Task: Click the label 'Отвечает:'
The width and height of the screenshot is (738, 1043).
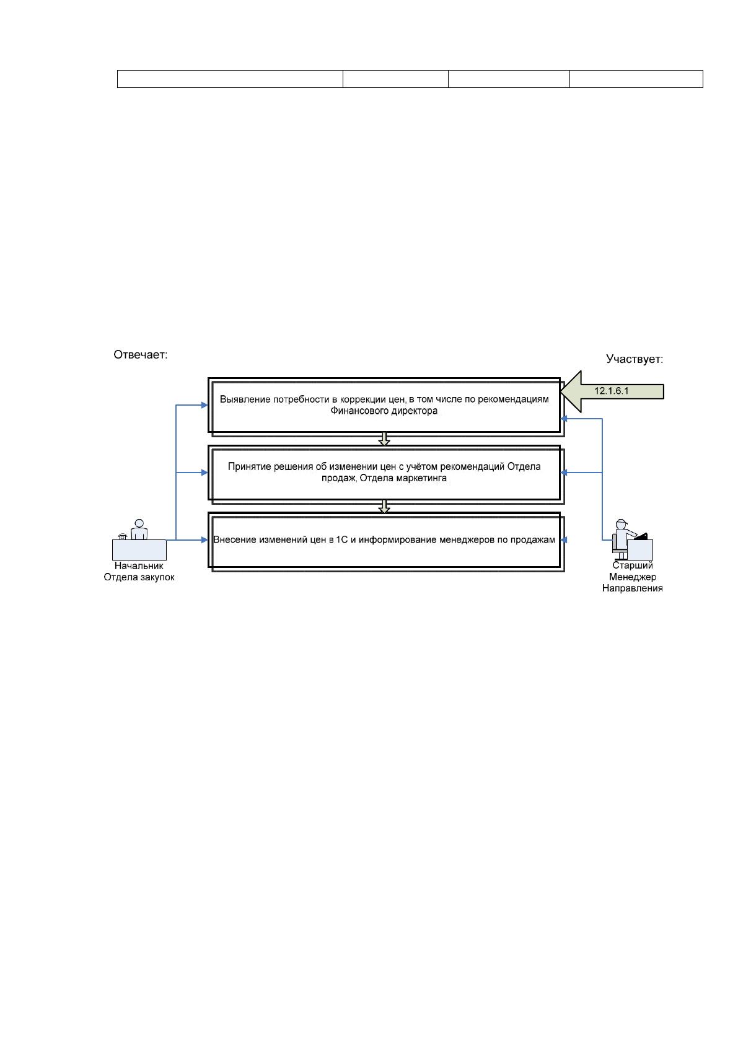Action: [140, 355]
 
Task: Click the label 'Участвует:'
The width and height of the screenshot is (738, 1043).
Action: [634, 359]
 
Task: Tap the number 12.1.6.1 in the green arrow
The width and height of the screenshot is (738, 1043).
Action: [611, 391]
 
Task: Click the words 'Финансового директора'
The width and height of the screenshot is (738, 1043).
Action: [384, 411]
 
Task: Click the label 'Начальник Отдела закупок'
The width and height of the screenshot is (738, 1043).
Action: [139, 572]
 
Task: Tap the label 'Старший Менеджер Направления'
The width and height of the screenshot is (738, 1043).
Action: [632, 577]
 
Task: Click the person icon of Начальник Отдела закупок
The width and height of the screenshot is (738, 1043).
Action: [139, 530]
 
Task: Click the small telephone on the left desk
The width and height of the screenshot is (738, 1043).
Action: [123, 536]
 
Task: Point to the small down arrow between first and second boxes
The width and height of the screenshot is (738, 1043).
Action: [384, 439]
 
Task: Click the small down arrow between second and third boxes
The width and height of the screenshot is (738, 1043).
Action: [384, 506]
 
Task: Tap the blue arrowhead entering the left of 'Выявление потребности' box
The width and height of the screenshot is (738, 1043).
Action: [204, 405]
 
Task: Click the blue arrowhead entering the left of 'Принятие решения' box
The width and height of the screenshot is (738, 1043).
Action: [204, 473]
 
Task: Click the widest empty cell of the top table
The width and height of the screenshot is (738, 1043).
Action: [230, 79]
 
